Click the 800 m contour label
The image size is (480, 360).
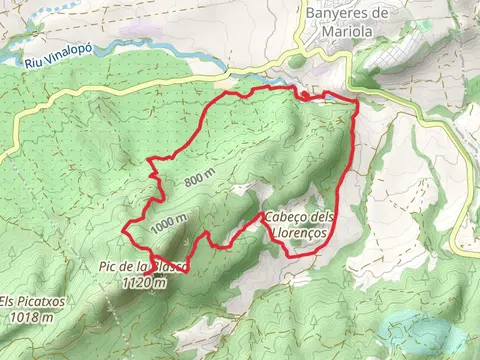pos(199,176)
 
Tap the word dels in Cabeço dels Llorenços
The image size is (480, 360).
pos(322,218)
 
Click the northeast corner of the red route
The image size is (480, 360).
pos(356,101)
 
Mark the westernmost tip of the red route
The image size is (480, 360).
pos(124,230)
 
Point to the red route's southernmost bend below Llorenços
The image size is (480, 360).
pos(292,255)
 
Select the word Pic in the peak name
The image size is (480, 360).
pos(108,266)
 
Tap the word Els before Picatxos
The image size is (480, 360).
pos(9,302)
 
